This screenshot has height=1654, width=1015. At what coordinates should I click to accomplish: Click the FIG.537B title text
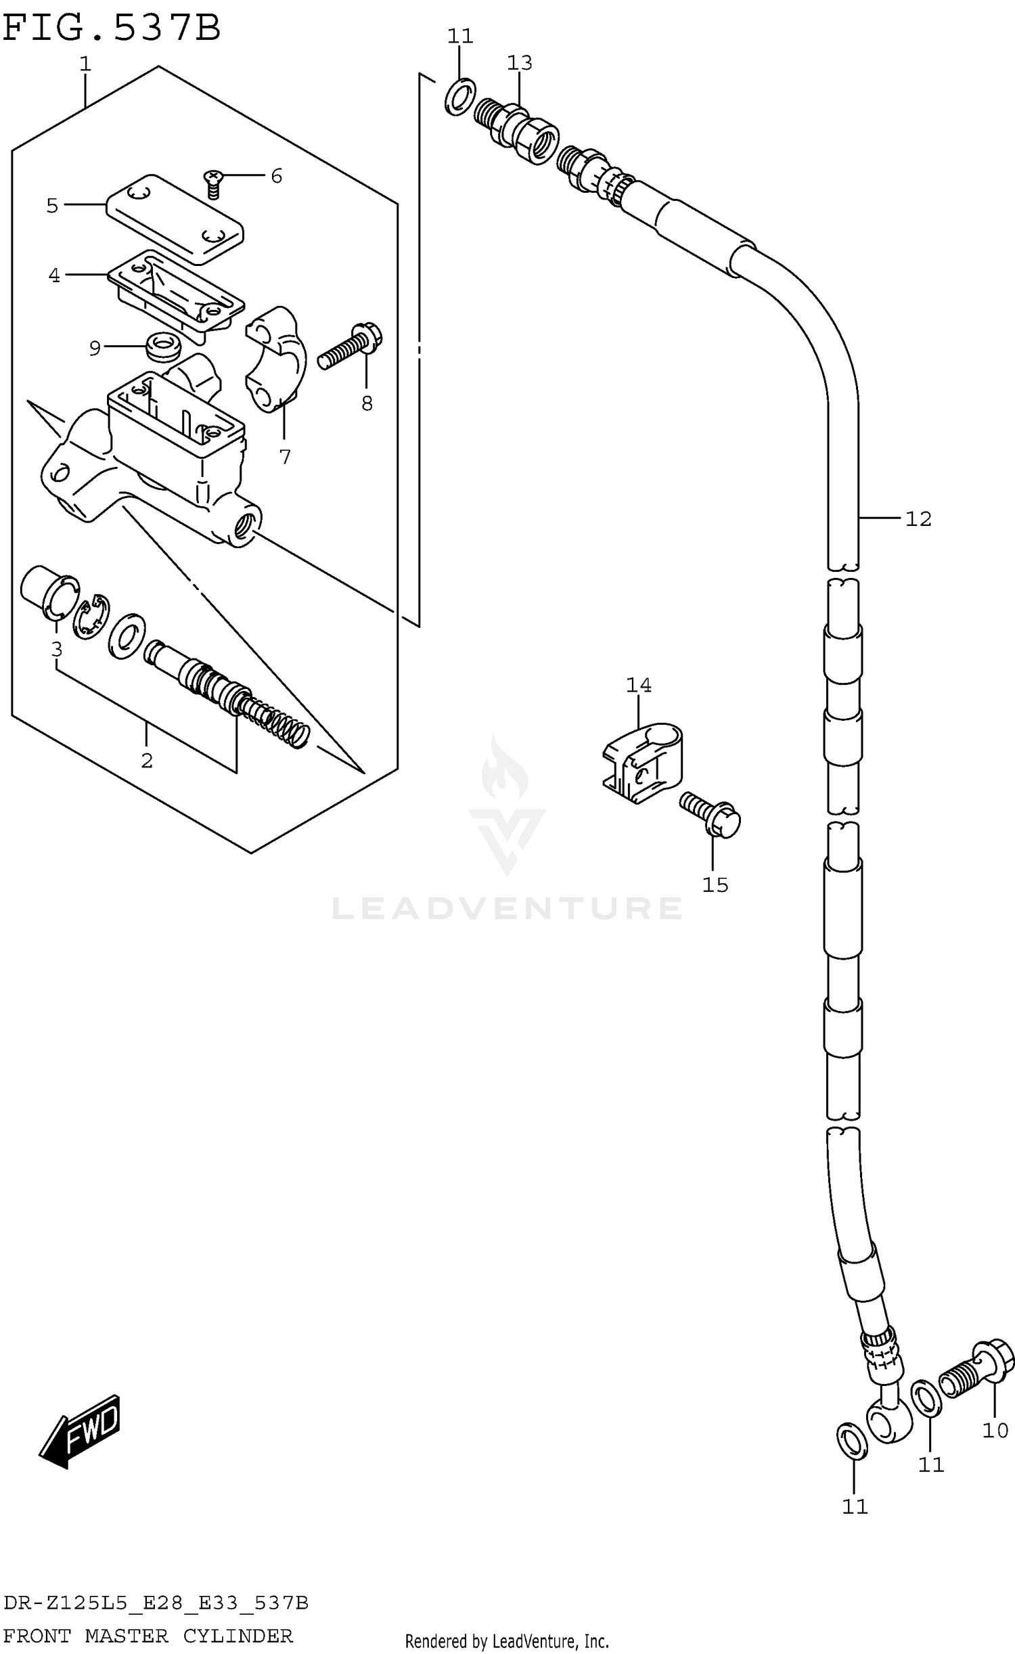[x=112, y=28]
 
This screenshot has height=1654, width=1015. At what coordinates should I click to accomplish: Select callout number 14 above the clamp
[x=638, y=686]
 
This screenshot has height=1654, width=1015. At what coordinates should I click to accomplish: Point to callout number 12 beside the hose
[x=918, y=519]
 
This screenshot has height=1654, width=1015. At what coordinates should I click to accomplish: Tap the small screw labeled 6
[x=213, y=183]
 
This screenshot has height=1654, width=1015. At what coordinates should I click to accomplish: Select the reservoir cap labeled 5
[x=175, y=218]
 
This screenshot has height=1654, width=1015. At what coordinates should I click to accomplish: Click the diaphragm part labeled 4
[x=176, y=294]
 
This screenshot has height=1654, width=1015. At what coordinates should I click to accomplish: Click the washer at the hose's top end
[x=460, y=96]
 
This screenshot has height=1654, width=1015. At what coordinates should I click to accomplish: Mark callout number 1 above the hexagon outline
[x=85, y=64]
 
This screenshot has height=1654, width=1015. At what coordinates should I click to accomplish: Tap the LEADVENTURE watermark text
[x=507, y=908]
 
